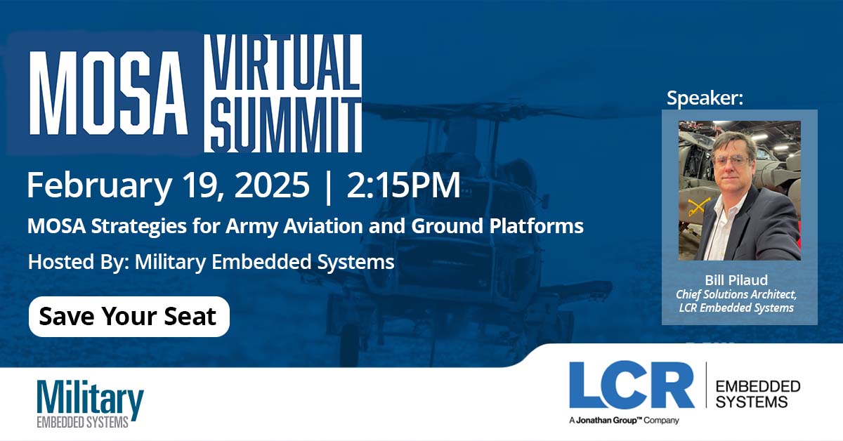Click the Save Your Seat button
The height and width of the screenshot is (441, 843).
129,317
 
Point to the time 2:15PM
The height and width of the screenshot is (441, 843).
404,185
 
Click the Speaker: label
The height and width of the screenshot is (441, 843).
704,98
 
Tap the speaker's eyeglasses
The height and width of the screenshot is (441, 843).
731,160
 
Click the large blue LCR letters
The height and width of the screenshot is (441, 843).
631,386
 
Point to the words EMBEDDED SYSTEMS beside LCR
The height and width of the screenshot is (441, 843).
757,394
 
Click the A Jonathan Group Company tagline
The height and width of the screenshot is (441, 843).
625,420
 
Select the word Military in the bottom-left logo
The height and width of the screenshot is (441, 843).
90,400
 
